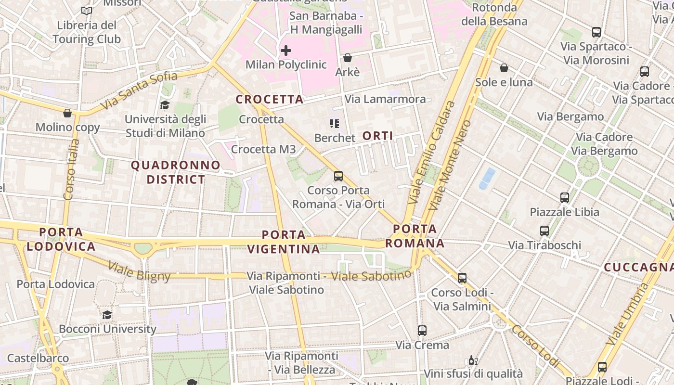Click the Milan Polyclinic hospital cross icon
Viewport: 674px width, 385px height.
[286, 50]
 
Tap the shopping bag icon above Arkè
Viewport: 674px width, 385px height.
[348, 58]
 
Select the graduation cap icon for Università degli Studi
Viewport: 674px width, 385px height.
[165, 105]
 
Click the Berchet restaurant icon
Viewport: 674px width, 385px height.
[335, 124]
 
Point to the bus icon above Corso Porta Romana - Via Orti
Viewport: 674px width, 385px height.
[338, 176]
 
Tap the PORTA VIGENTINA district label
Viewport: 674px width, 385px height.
[284, 242]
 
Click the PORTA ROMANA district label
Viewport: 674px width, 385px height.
[415, 236]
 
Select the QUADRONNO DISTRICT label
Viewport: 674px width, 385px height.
[176, 172]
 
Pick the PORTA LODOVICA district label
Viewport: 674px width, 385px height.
[61, 239]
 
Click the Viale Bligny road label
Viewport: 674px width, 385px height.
[139, 271]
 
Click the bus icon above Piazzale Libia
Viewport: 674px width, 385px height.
[565, 198]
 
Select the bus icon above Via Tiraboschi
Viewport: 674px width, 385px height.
[544, 231]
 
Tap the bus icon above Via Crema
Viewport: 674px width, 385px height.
[422, 331]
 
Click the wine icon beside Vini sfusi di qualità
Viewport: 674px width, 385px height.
[473, 360]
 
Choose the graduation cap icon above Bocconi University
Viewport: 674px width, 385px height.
[107, 315]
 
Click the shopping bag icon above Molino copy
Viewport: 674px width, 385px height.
[67, 113]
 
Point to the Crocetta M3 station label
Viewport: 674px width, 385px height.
[263, 149]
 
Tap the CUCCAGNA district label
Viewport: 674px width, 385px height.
[638, 267]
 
